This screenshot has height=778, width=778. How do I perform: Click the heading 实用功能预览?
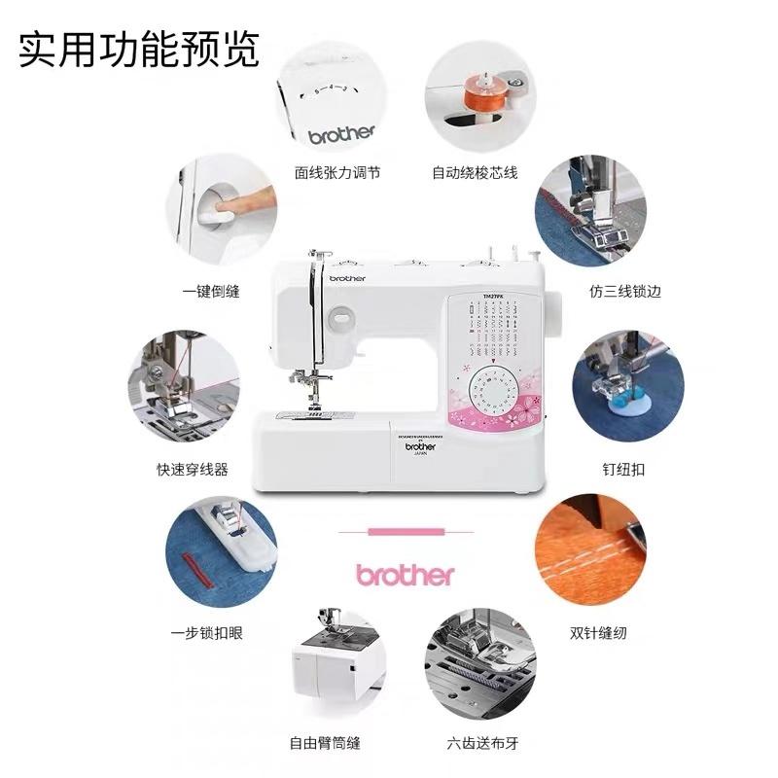139,50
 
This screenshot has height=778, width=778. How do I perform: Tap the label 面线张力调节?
337,172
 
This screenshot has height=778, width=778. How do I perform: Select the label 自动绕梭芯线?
475,172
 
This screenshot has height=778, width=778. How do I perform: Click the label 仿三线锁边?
624,291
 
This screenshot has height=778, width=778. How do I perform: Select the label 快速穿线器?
192,469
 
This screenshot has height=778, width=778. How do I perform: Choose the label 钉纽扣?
622,469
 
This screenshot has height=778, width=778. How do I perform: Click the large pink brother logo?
405,574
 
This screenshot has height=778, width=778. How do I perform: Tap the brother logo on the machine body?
346,278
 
